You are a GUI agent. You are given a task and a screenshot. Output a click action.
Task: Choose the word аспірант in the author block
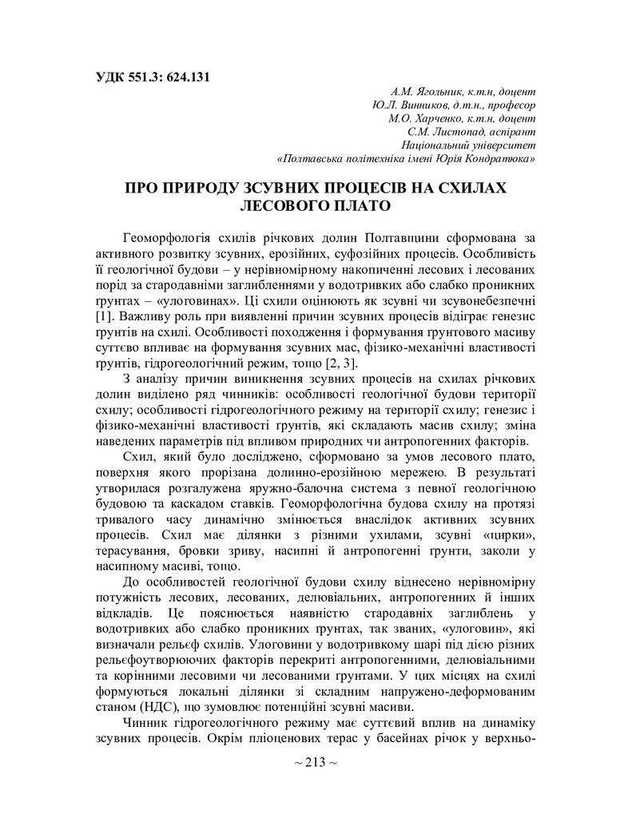point(511,131)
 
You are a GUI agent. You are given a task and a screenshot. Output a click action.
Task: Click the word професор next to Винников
point(509,105)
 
